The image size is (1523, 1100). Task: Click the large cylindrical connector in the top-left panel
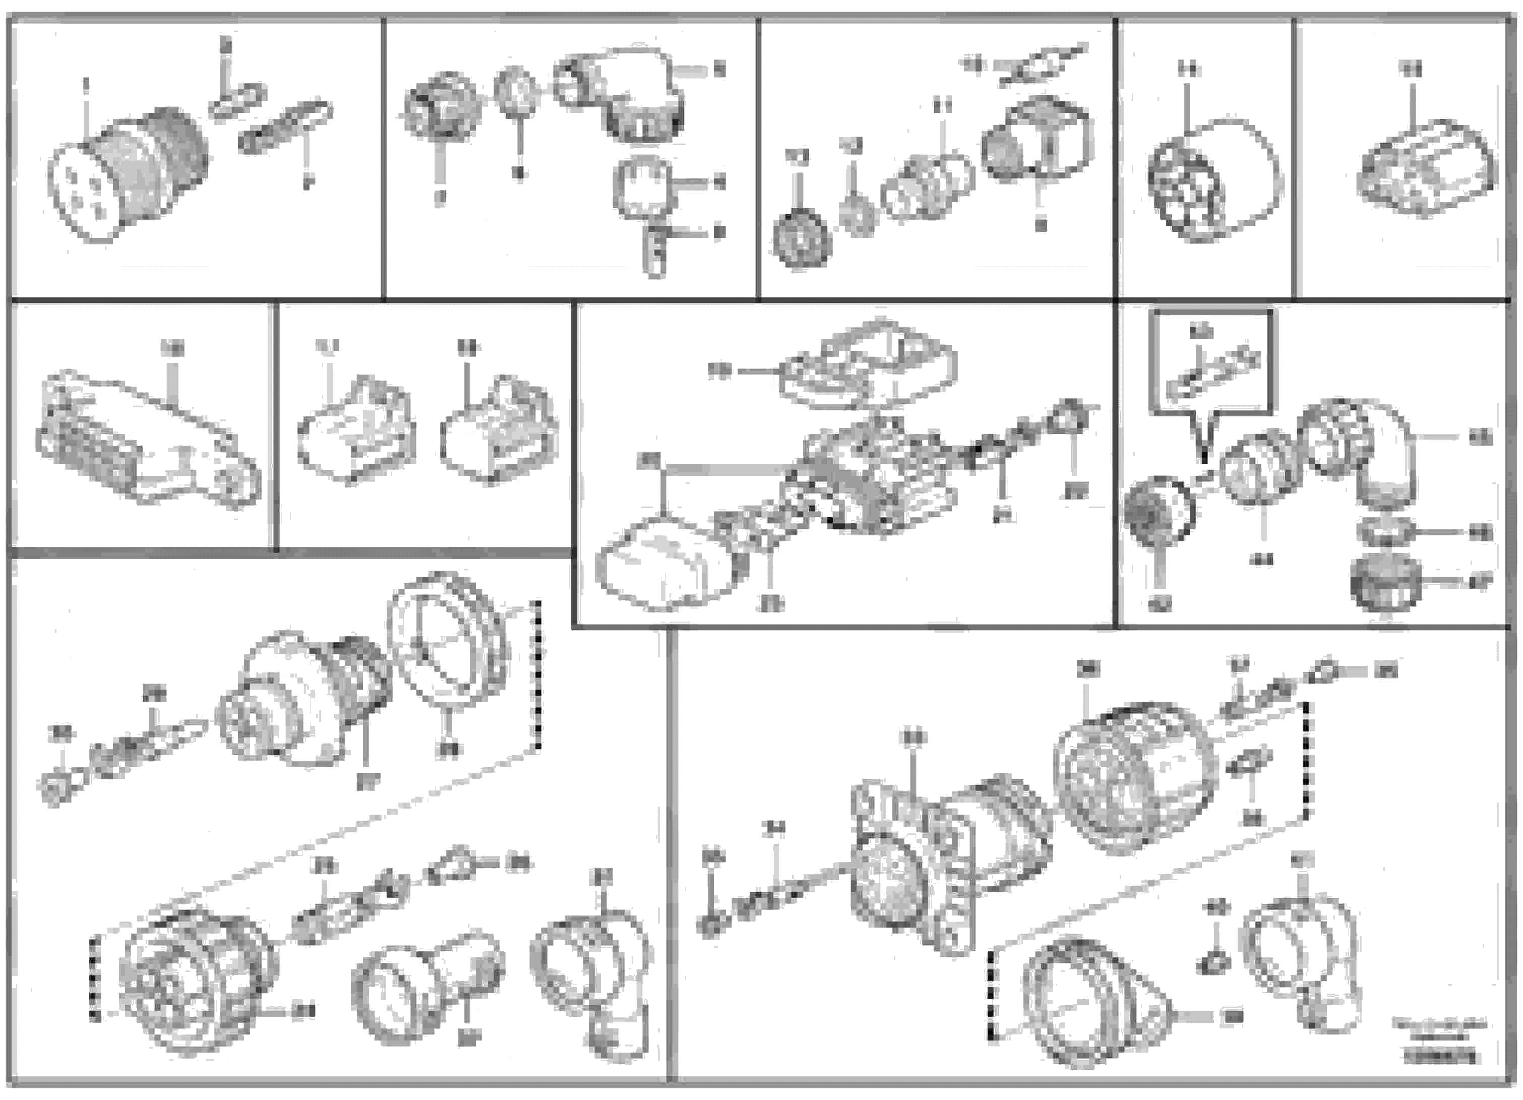[128, 171]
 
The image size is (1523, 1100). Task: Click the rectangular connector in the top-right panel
[1427, 168]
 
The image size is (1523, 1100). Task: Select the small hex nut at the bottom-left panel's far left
[55, 789]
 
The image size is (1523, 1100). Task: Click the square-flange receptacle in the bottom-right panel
[913, 873]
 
